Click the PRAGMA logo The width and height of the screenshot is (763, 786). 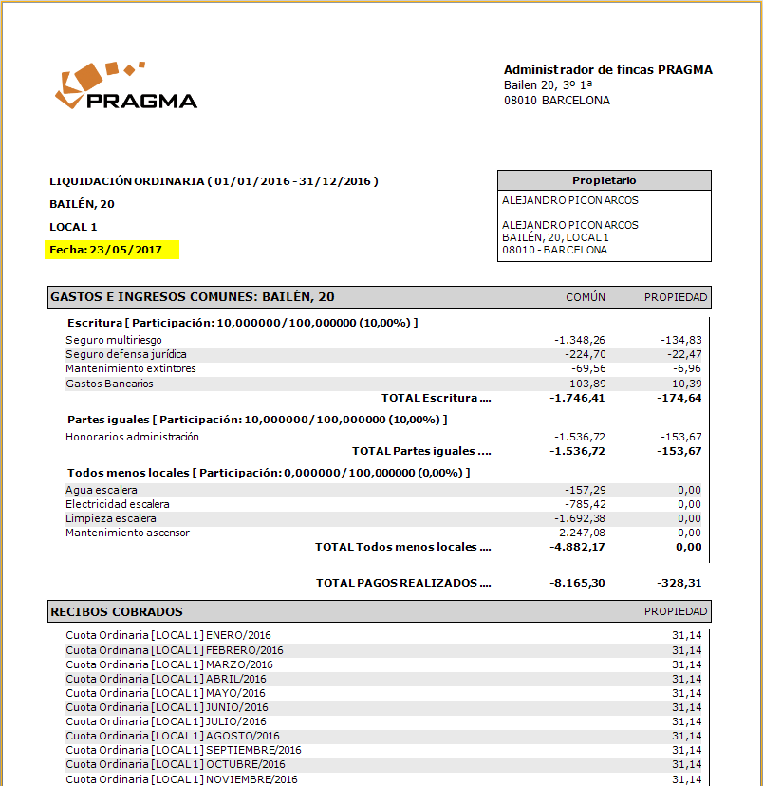pyautogui.click(x=126, y=87)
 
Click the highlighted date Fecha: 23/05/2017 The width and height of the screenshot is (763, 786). pyautogui.click(x=106, y=250)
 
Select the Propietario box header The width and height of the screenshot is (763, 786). pyautogui.click(x=604, y=180)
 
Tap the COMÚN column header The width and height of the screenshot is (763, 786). pyautogui.click(x=586, y=297)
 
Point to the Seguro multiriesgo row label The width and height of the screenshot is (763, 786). pyautogui.click(x=114, y=340)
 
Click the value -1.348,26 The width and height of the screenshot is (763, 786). pyautogui.click(x=580, y=340)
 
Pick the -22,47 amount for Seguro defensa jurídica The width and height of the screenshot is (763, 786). pyautogui.click(x=683, y=354)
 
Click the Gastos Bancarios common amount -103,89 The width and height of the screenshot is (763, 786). pyautogui.click(x=583, y=384)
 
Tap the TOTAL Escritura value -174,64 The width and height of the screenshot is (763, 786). pyautogui.click(x=679, y=398)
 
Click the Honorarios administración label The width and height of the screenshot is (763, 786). pyautogui.click(x=133, y=437)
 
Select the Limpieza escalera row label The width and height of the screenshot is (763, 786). pyautogui.click(x=111, y=518)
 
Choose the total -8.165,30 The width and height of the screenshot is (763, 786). pyautogui.click(x=578, y=583)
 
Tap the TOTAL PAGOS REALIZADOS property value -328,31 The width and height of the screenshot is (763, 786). pyautogui.click(x=679, y=583)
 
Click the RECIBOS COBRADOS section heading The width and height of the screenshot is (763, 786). pyautogui.click(x=117, y=612)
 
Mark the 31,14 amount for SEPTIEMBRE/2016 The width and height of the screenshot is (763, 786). pyautogui.click(x=686, y=750)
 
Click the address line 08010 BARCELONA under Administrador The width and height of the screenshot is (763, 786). pyautogui.click(x=557, y=101)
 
